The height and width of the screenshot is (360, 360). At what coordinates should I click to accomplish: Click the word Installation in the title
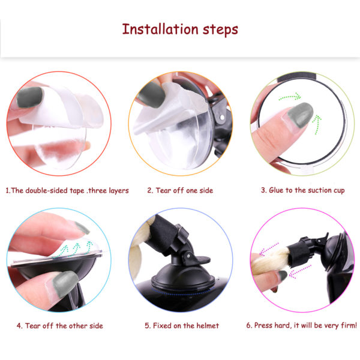160,29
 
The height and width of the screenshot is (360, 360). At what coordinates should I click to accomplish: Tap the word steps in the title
220,31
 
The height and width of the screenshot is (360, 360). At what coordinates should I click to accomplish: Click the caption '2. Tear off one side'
180,190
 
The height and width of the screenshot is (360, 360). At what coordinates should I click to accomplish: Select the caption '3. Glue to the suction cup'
302,190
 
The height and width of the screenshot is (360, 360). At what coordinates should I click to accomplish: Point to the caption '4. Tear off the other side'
59,326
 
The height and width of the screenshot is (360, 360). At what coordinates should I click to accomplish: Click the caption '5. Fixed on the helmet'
182,326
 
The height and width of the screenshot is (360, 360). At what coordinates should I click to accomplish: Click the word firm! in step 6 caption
349,325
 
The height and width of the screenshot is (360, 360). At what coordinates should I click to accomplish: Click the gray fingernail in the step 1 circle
30,97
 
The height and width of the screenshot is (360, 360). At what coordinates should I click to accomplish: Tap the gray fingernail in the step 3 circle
301,115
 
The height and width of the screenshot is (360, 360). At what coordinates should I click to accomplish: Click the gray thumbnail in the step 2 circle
152,94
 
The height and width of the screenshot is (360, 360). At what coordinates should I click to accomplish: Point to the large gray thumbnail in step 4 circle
65,284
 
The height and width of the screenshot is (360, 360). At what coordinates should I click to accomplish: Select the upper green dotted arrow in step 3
290,97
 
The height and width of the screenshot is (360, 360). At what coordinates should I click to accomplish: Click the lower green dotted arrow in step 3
317,124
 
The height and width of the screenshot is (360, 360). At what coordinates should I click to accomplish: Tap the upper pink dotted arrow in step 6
269,248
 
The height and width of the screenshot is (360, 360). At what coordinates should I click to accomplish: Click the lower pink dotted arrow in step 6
299,271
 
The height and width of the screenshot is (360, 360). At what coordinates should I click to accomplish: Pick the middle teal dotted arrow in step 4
75,250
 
